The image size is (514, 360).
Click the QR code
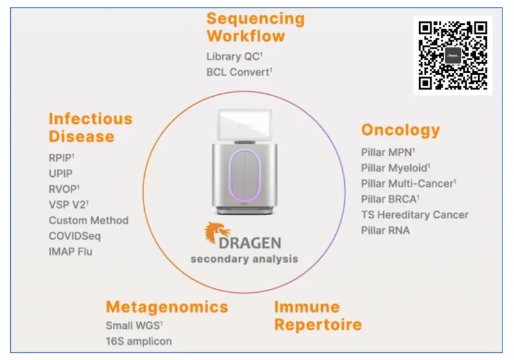[452, 55]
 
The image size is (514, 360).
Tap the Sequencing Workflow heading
[255, 27]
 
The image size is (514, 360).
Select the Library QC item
[235, 56]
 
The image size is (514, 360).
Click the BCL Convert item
[239, 72]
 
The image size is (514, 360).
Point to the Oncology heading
[401, 131]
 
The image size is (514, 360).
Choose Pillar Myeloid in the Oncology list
[395, 168]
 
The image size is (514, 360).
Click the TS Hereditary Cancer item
[415, 215]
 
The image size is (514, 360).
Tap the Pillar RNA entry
[386, 231]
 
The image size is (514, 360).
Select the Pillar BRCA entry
[390, 199]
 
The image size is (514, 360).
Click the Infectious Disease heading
[90, 127]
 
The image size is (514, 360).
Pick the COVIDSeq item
[75, 236]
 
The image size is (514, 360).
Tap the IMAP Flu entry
[70, 252]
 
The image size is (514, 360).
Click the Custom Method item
[88, 220]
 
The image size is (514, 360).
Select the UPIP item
[61, 174]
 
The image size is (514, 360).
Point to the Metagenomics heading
[167, 307]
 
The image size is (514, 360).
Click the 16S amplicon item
[138, 341]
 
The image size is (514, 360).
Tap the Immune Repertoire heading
[318, 316]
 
